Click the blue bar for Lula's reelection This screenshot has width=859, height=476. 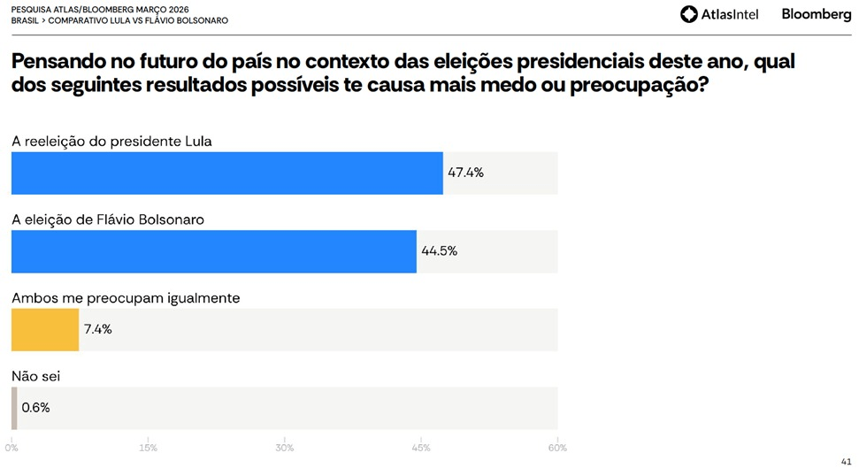coord(226,173)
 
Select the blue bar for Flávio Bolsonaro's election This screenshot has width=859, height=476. coord(213,251)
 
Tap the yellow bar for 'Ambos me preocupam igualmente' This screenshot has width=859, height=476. coord(44,329)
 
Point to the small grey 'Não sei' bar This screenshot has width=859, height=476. coord(14,408)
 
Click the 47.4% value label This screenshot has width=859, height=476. coord(465,173)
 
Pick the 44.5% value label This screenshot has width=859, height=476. coord(439,251)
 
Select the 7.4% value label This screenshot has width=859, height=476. coord(97,329)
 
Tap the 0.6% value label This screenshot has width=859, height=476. coord(35,408)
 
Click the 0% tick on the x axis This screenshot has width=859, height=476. coord(12,448)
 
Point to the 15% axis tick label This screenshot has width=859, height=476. coord(148,448)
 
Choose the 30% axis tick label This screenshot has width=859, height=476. coord(284,448)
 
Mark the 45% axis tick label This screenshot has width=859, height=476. coord(421,448)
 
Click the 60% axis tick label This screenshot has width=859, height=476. coord(557,448)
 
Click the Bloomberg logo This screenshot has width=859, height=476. coord(816,14)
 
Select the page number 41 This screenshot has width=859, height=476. coord(846,462)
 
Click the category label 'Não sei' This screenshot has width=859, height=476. coord(35,377)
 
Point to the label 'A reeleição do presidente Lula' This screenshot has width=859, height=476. coord(111,141)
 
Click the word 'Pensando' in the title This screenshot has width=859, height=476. coord(54,65)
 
